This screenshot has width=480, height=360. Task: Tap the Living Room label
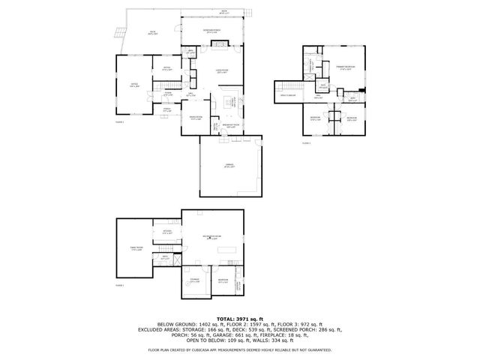(222, 72)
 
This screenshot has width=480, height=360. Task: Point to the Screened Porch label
(212, 31)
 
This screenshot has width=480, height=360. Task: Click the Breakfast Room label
(231, 125)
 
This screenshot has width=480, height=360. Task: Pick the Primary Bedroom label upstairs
(346, 67)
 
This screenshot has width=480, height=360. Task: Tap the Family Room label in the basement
(136, 249)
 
